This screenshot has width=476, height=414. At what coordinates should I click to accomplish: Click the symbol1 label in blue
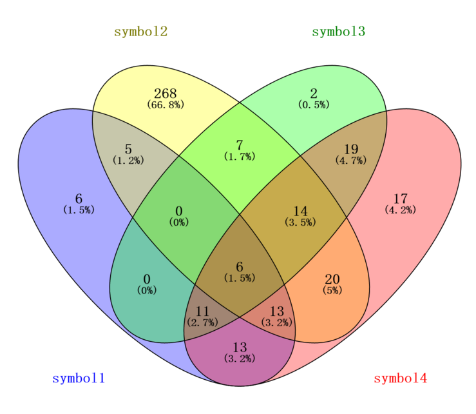point(79,379)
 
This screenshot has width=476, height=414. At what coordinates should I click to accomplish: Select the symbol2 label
point(141,32)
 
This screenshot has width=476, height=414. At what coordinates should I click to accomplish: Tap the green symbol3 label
point(339,32)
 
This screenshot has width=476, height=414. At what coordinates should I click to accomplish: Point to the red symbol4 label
point(401,379)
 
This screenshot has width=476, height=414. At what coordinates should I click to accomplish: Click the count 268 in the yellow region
point(166,94)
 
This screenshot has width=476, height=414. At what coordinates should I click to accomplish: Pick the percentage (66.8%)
point(166,105)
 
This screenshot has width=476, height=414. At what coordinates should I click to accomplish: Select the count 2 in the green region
point(314,94)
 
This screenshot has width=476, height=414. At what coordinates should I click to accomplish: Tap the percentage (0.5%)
point(314,105)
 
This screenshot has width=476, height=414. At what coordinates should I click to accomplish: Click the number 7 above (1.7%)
point(240,145)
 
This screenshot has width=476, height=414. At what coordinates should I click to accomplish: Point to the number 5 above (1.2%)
point(128,149)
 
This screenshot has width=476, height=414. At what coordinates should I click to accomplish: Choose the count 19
point(351,149)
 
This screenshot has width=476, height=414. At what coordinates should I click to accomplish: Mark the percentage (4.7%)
point(351,161)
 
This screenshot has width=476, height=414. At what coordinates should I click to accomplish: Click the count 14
point(301,212)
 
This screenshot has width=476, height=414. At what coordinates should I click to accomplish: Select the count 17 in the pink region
point(401,199)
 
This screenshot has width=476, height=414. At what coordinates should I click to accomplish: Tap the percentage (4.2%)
point(401,210)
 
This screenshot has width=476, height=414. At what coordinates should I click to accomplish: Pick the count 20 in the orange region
point(332,279)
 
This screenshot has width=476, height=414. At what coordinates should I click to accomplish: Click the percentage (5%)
point(332,291)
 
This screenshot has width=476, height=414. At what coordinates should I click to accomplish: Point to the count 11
point(202,311)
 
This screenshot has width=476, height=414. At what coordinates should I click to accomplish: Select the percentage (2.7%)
point(202,323)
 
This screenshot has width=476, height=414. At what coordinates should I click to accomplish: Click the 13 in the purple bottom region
point(240,348)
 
